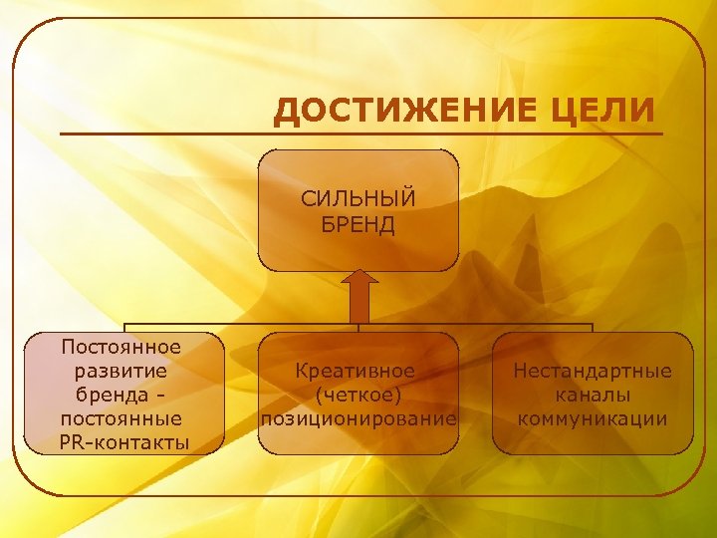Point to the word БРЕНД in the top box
[x=358, y=224]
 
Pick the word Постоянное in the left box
[x=121, y=347]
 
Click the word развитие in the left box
[x=121, y=370]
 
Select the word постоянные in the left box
[x=121, y=417]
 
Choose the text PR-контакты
[x=121, y=441]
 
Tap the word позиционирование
[x=358, y=418]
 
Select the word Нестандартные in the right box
[x=593, y=371]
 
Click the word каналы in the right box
[x=593, y=395]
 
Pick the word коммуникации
[x=593, y=418]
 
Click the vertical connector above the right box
[x=593, y=328]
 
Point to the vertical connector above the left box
[x=124, y=328]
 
